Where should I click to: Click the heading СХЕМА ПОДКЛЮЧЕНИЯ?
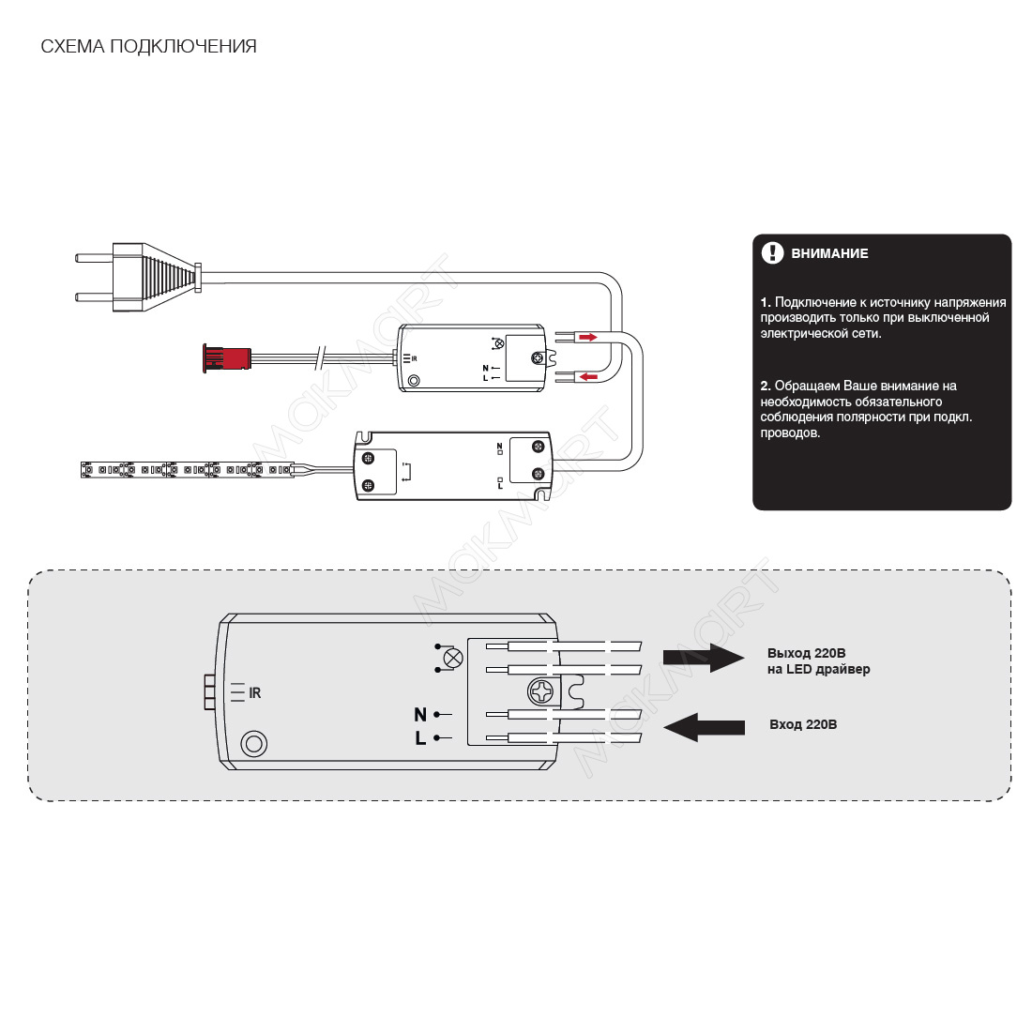coord(149,47)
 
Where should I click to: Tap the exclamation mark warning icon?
coord(772,252)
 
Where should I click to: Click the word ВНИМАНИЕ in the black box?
coord(829,253)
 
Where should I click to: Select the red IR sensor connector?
coord(226,358)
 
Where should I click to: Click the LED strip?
coord(187,469)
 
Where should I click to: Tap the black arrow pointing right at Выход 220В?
coord(704,658)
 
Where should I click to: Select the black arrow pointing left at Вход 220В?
coord(705,727)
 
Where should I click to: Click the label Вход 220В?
coord(803,724)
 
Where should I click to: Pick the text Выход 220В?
coord(806,654)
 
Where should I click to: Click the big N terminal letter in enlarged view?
coord(420,714)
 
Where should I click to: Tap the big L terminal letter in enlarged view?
coord(420,738)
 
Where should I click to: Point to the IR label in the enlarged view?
coord(254,693)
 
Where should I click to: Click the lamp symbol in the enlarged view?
coord(453,658)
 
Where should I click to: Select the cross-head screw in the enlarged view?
coord(543,692)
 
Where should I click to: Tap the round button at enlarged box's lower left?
coord(254,744)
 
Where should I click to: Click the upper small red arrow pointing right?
coord(587,338)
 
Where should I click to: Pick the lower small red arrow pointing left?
coord(588,376)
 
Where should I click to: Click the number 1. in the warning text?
coord(766,303)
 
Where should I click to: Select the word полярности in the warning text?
coord(870,417)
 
